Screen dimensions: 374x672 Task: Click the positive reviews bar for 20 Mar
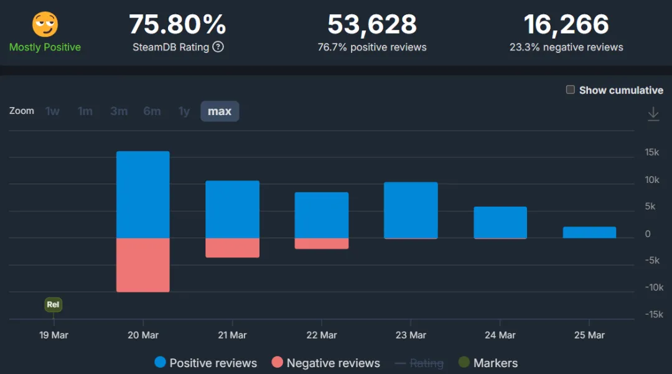(x=143, y=195)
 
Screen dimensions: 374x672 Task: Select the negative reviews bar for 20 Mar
(x=143, y=265)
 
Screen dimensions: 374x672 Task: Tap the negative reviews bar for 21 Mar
(x=232, y=248)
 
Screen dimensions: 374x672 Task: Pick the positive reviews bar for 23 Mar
(x=411, y=210)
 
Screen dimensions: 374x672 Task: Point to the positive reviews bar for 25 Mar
(x=589, y=232)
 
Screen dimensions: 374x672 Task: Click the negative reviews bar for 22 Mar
(x=321, y=243)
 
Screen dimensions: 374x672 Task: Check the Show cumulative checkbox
(x=571, y=90)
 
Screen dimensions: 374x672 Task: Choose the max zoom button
(x=220, y=111)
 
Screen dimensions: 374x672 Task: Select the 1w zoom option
(x=53, y=111)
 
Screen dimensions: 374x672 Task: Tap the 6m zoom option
(x=152, y=111)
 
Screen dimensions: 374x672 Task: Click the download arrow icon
(x=653, y=113)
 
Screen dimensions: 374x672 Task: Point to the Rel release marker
(x=54, y=304)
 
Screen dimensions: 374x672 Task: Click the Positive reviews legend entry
(x=205, y=363)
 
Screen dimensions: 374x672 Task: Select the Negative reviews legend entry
(x=325, y=363)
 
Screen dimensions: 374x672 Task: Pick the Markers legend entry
(x=488, y=363)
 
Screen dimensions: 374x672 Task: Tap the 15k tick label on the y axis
(x=652, y=152)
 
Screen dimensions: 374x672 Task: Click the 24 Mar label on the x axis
(x=500, y=335)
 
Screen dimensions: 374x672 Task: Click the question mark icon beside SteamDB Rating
(x=218, y=47)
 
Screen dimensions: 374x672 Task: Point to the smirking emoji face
(x=45, y=24)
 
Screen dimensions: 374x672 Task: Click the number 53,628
(x=372, y=25)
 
